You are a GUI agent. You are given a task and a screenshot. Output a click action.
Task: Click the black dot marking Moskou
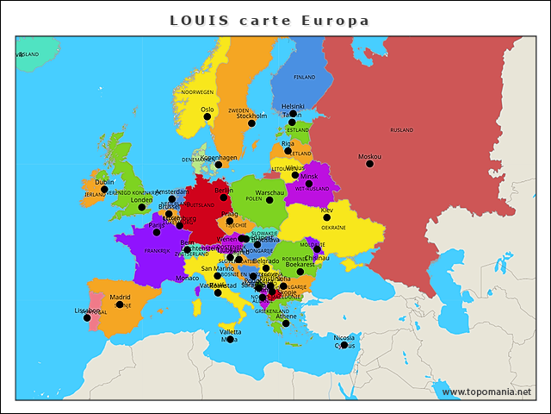(369, 163)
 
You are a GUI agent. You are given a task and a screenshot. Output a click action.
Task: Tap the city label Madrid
(120, 297)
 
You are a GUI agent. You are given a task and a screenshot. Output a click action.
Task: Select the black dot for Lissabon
(87, 317)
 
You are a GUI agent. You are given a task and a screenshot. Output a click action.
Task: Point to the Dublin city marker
(105, 189)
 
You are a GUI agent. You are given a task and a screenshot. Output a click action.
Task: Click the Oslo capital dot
(207, 116)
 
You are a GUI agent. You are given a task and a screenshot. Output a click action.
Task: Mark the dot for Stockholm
(251, 123)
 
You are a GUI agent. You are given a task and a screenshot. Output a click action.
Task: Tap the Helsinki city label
(293, 106)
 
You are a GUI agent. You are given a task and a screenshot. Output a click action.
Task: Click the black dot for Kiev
(326, 217)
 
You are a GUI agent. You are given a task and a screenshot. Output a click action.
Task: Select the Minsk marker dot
(309, 184)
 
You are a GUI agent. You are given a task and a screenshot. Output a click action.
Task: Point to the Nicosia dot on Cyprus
(344, 345)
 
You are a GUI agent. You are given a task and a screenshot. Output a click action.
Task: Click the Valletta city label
(230, 331)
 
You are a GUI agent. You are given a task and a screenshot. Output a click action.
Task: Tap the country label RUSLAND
(401, 130)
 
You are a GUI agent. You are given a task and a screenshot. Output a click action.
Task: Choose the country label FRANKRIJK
(158, 251)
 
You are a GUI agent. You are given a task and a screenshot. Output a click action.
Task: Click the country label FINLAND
(305, 77)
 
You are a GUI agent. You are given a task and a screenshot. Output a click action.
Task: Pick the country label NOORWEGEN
(197, 92)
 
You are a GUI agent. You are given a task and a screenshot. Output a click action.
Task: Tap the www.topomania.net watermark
(486, 392)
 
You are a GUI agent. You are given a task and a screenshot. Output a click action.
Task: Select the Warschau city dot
(269, 200)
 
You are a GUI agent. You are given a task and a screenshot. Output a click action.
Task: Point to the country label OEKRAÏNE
(333, 228)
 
